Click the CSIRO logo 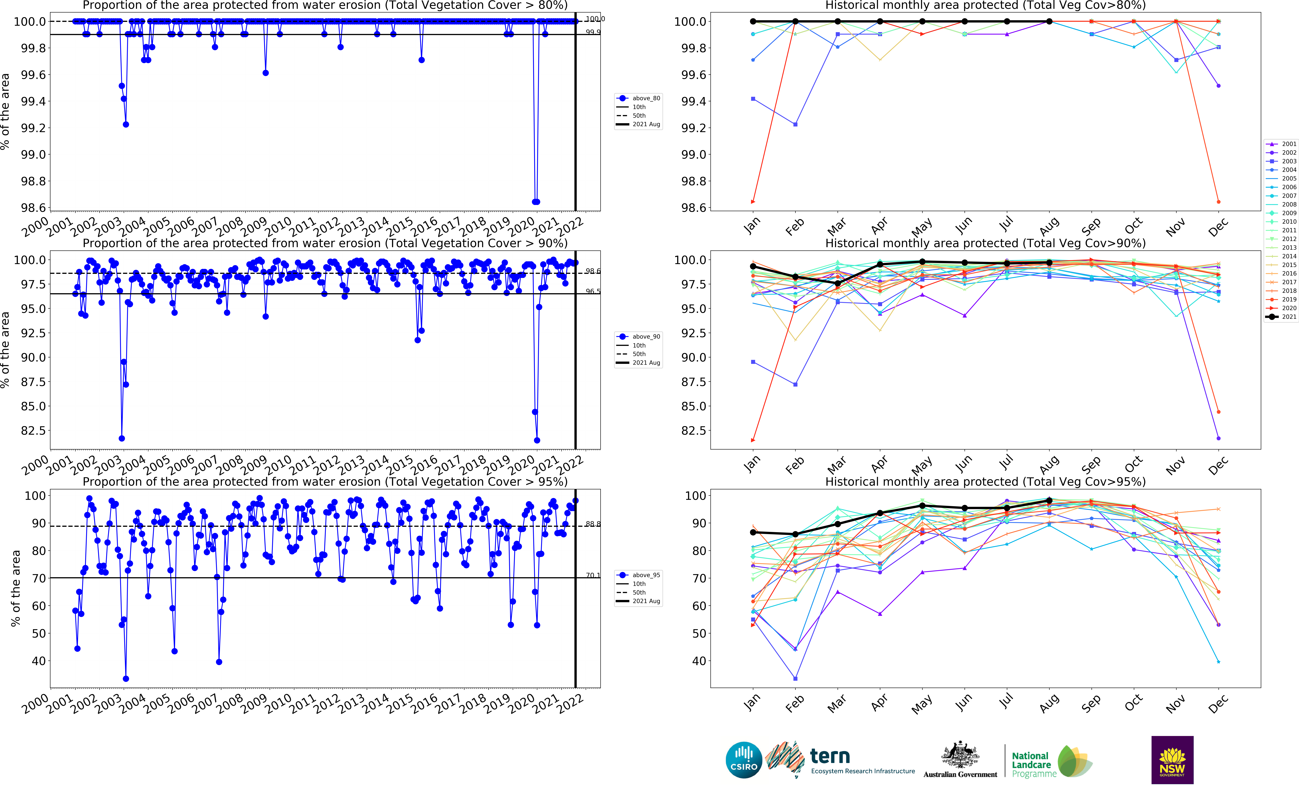tap(744, 760)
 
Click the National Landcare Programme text tap(1033, 764)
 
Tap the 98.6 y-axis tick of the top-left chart tap(33, 208)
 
